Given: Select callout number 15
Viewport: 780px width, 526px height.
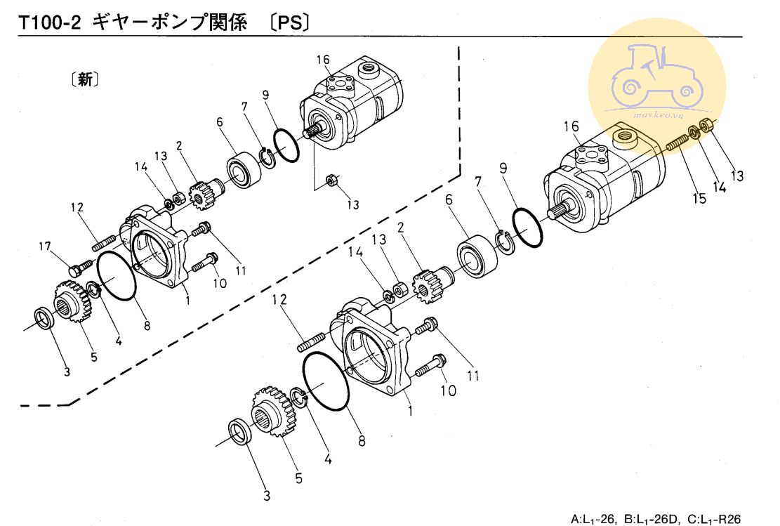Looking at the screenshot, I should (699, 199).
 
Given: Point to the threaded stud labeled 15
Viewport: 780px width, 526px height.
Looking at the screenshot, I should (675, 143).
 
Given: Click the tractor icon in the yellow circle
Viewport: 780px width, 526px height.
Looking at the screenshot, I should (657, 77).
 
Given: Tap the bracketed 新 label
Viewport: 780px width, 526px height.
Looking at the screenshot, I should (84, 79).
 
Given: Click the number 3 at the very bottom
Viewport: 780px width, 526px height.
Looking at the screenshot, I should (267, 497).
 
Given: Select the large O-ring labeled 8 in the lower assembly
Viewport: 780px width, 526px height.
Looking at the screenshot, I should (326, 381).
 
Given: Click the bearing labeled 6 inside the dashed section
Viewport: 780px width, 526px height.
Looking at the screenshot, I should (243, 171).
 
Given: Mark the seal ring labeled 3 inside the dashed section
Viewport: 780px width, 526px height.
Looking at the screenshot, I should (46, 318).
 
